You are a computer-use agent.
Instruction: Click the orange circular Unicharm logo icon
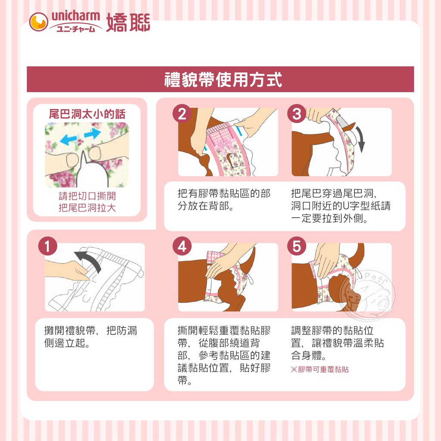coord(38,22)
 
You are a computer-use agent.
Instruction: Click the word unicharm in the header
coord(76,16)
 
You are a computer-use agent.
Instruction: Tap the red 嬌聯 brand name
coord(128,22)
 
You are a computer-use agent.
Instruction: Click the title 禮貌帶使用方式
coord(223,80)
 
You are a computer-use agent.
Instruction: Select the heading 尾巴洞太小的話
coord(87,114)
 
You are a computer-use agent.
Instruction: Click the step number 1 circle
coord(47,246)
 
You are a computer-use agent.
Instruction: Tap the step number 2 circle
coord(182,113)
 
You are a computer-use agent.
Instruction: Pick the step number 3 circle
coord(296,113)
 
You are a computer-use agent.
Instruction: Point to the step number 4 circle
coord(182,246)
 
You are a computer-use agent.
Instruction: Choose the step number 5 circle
coord(296,246)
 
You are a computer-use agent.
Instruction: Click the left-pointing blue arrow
coord(68,139)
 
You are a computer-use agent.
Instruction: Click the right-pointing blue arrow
coord(93,133)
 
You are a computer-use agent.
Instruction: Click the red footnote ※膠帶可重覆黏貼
coord(320,369)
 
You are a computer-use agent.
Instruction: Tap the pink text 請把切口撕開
coord(87,196)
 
